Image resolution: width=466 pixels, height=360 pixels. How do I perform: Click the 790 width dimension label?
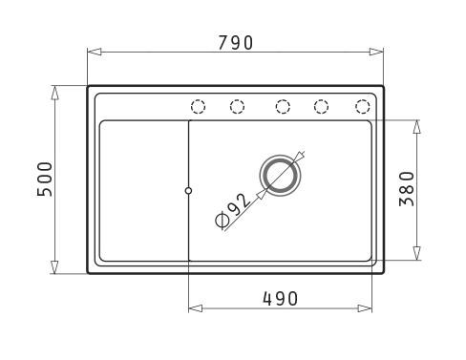coord(235,43)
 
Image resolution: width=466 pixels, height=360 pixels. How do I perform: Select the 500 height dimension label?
coord(45,180)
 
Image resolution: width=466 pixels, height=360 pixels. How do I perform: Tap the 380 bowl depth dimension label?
coord(407,189)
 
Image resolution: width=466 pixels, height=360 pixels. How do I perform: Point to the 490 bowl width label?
coord(280,299)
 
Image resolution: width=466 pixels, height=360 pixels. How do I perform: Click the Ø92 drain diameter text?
coord(233,210)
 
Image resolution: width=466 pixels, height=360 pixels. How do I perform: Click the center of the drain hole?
coord(280,176)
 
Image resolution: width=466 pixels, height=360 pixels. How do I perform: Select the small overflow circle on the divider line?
coord(188,191)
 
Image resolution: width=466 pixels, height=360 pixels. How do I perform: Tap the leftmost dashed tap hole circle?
coord(198,106)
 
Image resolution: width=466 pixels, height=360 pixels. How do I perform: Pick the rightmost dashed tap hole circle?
coord(362,106)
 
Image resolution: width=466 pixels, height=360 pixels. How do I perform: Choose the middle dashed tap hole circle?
coord(283,106)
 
